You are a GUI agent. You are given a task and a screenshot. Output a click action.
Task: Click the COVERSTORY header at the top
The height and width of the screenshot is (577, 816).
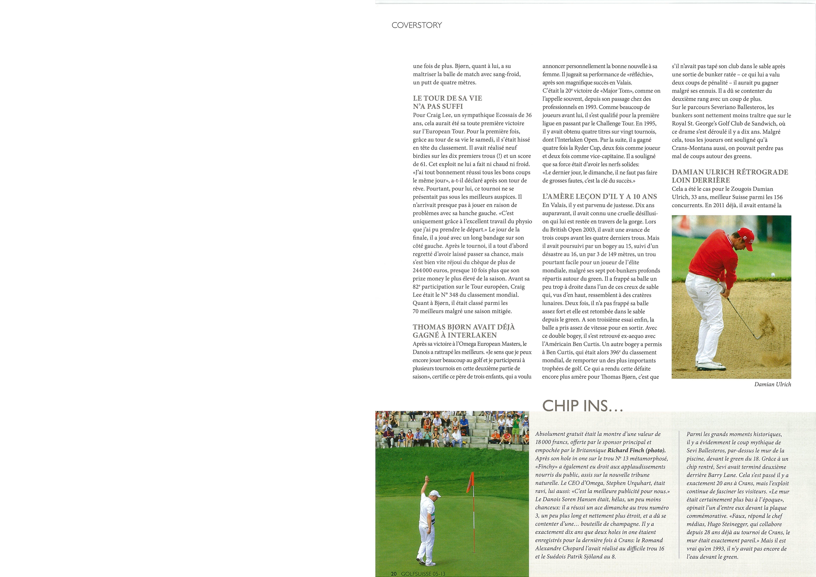(417, 25)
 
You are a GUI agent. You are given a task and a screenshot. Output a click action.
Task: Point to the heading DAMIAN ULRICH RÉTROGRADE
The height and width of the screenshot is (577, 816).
(730, 172)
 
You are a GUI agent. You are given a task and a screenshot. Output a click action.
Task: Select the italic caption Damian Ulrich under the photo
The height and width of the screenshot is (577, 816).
(773, 384)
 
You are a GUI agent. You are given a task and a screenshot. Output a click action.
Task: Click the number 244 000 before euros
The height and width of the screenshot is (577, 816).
(425, 271)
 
